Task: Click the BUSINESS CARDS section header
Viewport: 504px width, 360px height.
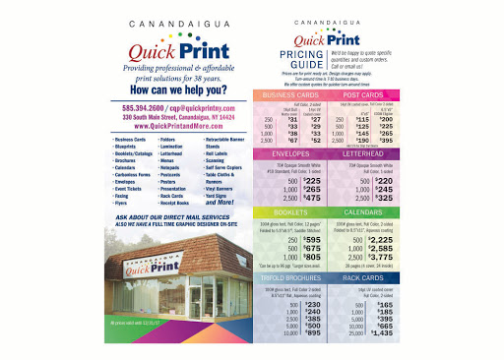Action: pyautogui.click(x=289, y=94)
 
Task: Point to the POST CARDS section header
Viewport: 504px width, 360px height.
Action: pyautogui.click(x=364, y=94)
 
